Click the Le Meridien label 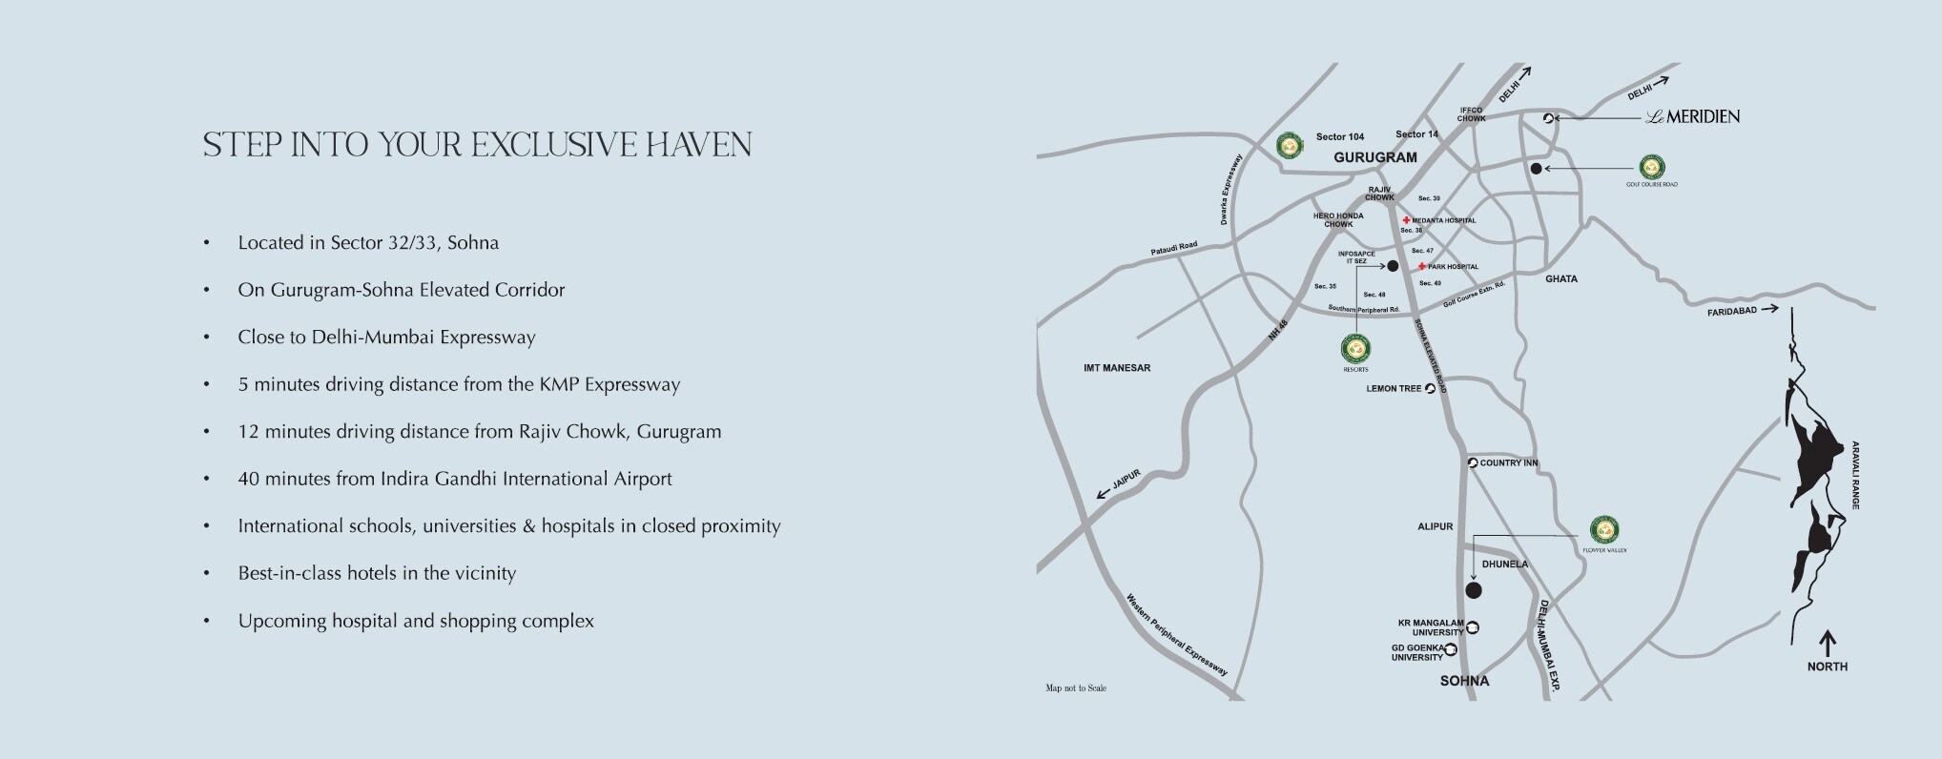[x=1693, y=117]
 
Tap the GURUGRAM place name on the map [x=1374, y=157]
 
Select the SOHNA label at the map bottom [x=1464, y=681]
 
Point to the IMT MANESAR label [x=1117, y=368]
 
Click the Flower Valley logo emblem [x=1604, y=529]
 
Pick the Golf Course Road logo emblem [x=1652, y=167]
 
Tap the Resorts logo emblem [x=1354, y=349]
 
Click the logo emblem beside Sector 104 [x=1290, y=145]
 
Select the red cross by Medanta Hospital [x=1407, y=220]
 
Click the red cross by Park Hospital [x=1422, y=267]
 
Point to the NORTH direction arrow [x=1828, y=643]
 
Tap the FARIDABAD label [x=1731, y=311]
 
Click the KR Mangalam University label [x=1431, y=627]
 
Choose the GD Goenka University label [x=1417, y=652]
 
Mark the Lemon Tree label [x=1394, y=389]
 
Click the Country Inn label [x=1508, y=463]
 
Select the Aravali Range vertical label [x=1856, y=475]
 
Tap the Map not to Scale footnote [x=1076, y=688]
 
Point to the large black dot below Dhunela [x=1474, y=591]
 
